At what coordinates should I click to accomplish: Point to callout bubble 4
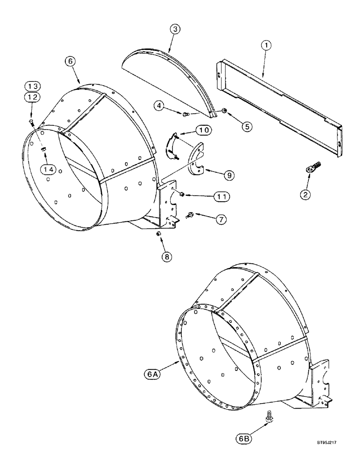(x=159, y=107)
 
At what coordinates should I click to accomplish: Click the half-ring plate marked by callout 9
(x=198, y=161)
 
